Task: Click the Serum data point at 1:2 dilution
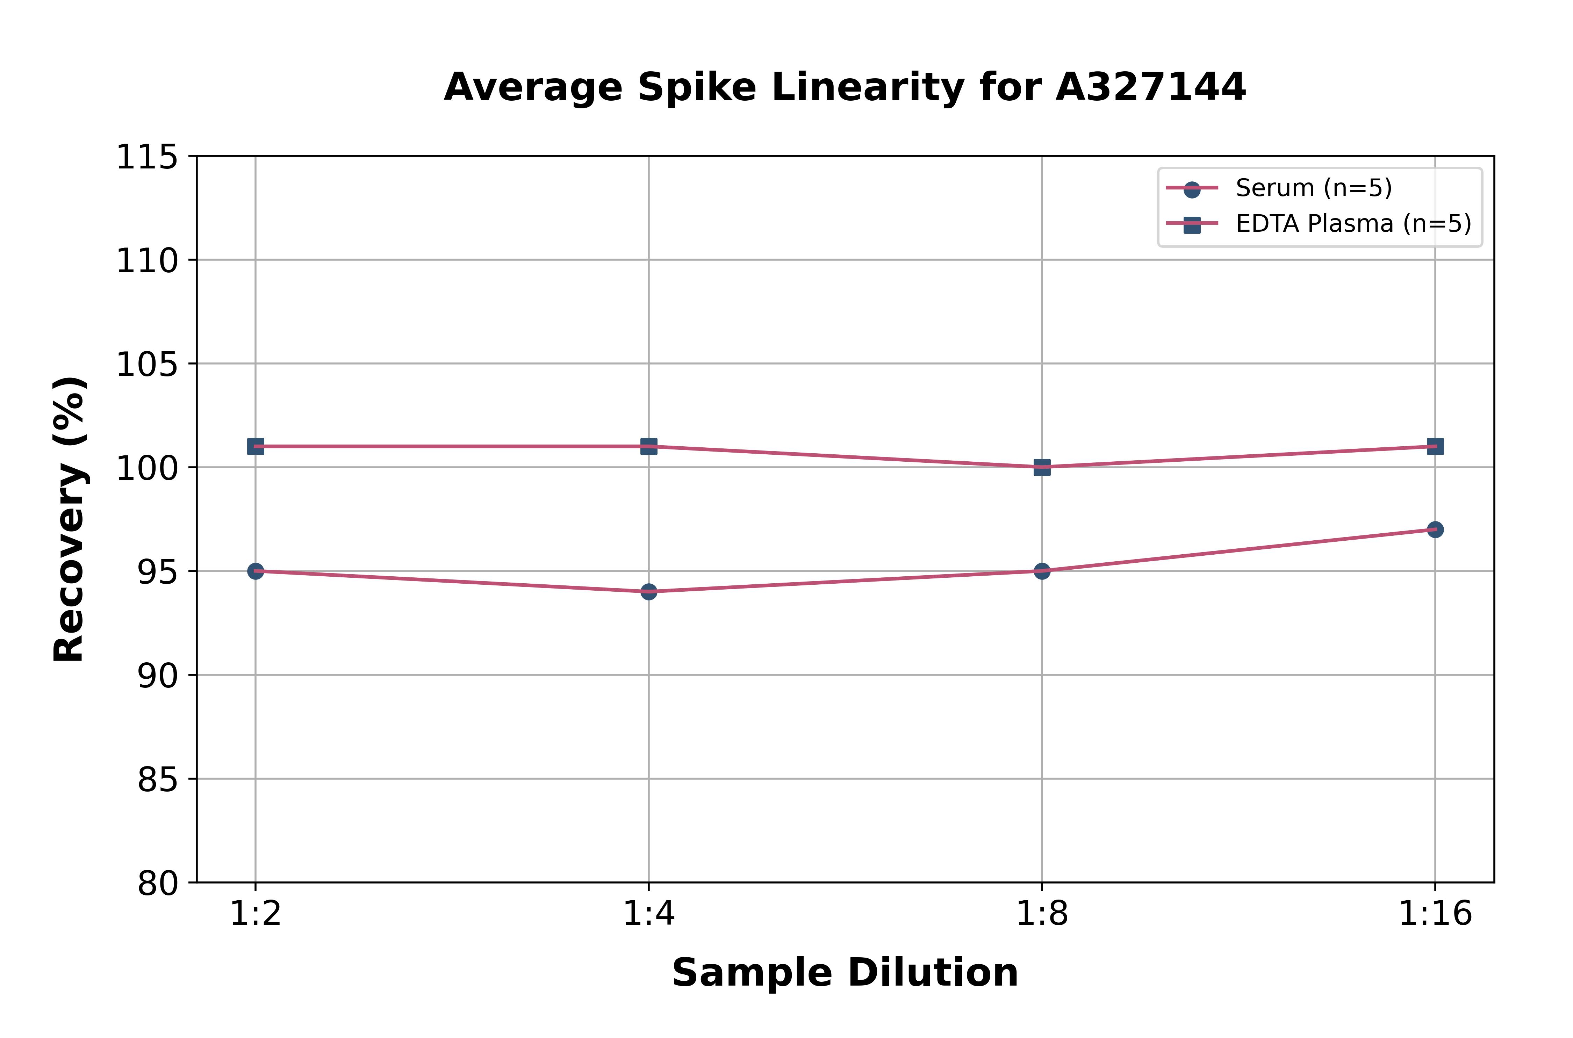click(256, 571)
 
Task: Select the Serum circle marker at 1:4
click(649, 591)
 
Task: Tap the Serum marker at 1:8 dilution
click(1042, 571)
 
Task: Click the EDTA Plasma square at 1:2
click(256, 446)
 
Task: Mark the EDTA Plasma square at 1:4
click(649, 446)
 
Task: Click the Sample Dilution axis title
click(845, 973)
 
